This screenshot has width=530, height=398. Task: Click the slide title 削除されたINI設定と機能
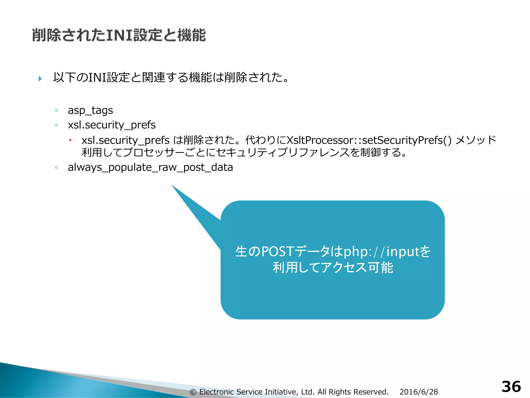119,35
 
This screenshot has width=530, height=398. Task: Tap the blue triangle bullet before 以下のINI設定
40,79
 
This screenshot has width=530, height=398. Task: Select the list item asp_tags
90,110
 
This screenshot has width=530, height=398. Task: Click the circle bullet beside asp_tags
56,111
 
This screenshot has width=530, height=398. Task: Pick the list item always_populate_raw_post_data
150,167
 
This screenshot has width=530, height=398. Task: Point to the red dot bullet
70,140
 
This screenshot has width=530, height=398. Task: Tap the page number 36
511,387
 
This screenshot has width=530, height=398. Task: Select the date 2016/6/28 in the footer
419,392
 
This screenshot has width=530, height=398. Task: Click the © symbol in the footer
193,392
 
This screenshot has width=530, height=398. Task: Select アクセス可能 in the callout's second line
357,267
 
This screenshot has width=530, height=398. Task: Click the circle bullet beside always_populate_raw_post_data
56,168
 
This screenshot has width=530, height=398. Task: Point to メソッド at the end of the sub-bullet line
476,140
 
